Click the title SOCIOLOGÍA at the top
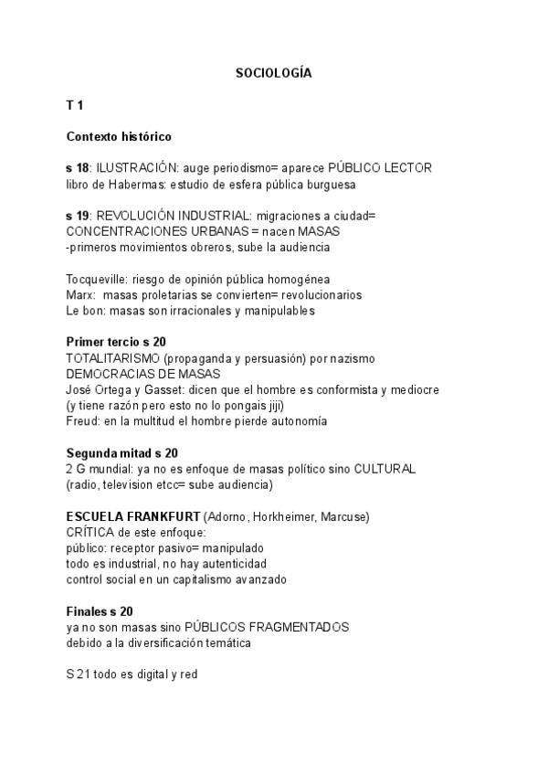(x=273, y=73)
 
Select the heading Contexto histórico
(x=119, y=137)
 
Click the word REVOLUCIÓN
(x=134, y=216)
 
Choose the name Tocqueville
(x=98, y=279)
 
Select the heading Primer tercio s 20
(x=116, y=342)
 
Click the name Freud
(x=81, y=420)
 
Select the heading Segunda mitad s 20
(x=121, y=452)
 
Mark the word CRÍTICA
(x=91, y=532)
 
